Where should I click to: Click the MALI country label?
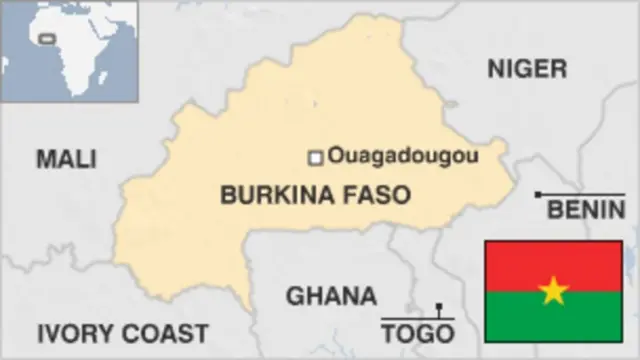click(x=66, y=158)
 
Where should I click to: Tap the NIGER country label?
click(x=527, y=68)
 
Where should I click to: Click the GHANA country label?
click(x=331, y=296)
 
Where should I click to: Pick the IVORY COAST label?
click(x=122, y=333)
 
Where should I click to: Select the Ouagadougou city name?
click(x=403, y=156)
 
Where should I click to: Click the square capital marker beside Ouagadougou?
click(x=315, y=157)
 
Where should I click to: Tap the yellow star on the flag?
click(x=553, y=291)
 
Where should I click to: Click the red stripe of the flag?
click(x=553, y=258)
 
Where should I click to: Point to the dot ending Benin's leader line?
click(x=539, y=194)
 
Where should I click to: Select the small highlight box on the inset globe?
click(x=45, y=41)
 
